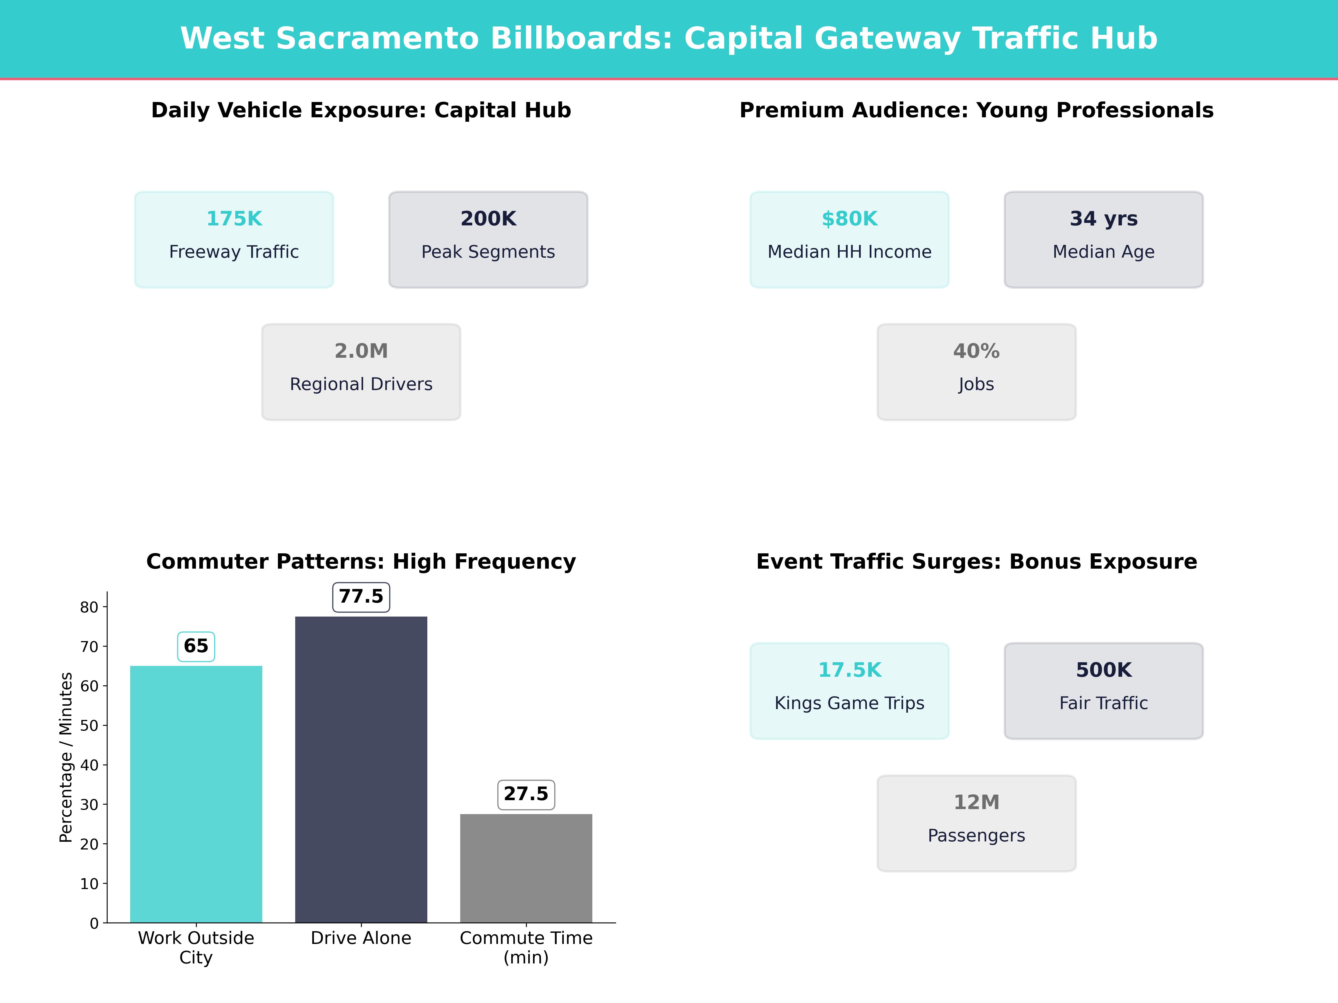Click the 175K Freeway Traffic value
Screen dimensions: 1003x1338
(x=234, y=219)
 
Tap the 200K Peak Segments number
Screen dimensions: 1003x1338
(x=488, y=219)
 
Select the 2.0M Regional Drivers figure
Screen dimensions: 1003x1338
(x=361, y=351)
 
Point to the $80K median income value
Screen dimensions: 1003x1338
(x=849, y=219)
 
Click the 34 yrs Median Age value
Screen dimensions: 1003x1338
(x=1103, y=219)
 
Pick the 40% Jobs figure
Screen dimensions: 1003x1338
(x=976, y=351)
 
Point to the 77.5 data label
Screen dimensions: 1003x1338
(x=361, y=597)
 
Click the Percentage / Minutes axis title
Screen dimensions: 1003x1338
(x=66, y=758)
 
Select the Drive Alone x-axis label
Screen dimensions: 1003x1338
(x=361, y=938)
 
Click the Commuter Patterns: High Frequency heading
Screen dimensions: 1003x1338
(x=361, y=562)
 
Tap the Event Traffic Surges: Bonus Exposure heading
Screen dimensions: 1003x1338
(x=976, y=562)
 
